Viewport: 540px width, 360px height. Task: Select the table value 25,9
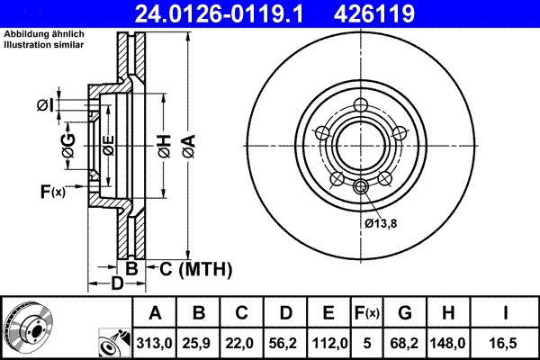coord(199,343)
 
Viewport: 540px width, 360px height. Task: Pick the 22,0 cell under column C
coord(242,343)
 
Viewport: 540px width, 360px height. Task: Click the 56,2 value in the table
coord(286,343)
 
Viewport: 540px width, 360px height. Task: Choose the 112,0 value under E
coord(329,343)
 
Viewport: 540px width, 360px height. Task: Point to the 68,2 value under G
coord(406,343)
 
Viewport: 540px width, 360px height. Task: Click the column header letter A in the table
coord(155,314)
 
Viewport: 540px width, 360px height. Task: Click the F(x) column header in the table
coord(367,314)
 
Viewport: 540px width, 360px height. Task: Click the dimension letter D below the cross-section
coord(116,285)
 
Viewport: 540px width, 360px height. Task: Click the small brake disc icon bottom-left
coord(27,325)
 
